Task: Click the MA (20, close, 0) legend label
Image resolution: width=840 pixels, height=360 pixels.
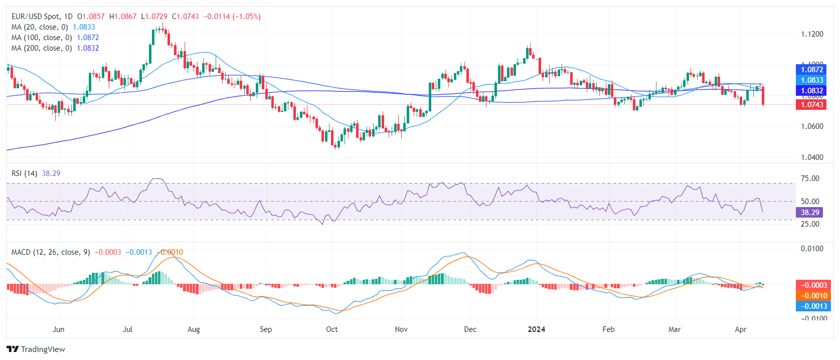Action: tap(40, 27)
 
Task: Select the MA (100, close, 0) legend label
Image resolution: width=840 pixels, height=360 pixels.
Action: tap(42, 38)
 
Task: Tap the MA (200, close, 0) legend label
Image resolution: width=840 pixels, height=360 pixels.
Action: tap(42, 48)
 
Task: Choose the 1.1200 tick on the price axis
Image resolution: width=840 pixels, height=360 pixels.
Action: tap(812, 34)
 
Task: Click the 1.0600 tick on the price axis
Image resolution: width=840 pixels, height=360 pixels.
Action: tap(812, 126)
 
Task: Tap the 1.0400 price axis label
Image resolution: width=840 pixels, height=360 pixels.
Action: tap(812, 157)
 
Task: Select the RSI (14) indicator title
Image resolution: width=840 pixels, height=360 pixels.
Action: tap(25, 173)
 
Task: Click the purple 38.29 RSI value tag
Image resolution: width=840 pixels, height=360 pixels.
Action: tap(809, 213)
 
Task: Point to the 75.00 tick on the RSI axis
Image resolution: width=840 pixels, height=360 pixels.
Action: tap(810, 178)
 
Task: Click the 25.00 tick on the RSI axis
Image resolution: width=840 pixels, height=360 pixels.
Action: tap(810, 224)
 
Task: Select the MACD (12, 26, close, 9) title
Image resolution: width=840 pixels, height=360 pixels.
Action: tap(51, 252)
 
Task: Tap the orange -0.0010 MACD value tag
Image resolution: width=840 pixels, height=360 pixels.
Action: tap(813, 296)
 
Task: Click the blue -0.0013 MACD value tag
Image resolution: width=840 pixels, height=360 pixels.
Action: tap(813, 306)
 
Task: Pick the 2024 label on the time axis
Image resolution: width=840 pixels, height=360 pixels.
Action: tap(537, 329)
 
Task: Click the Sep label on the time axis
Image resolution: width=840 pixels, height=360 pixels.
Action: tap(266, 329)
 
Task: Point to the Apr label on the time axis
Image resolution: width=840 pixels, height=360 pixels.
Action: tap(740, 329)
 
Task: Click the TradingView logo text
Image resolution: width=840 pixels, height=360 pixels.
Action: tap(43, 349)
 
